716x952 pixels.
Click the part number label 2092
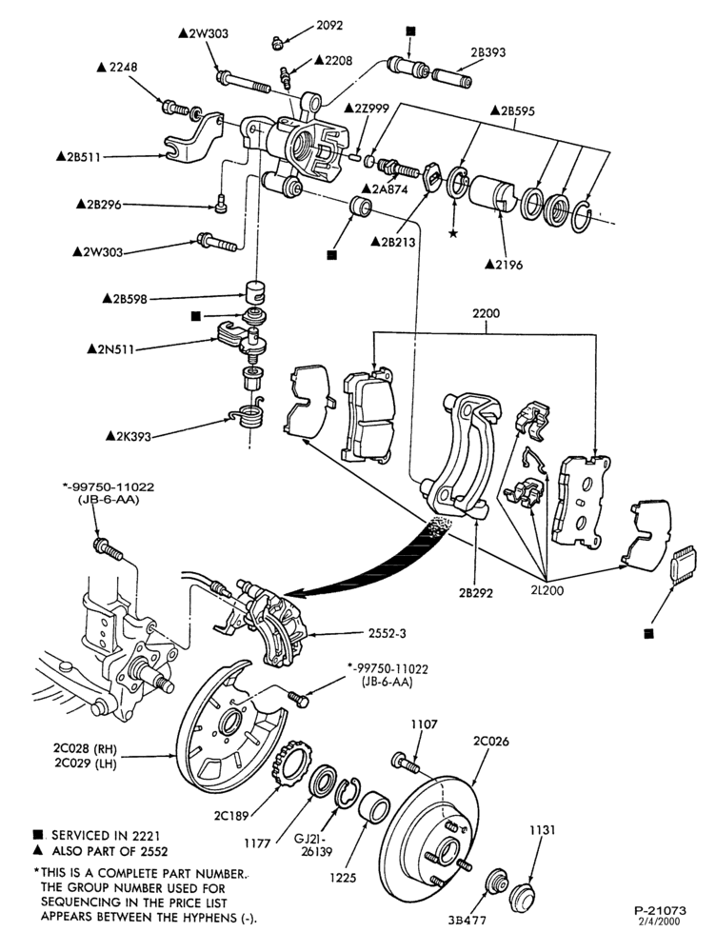[329, 26]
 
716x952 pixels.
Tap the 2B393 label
[487, 52]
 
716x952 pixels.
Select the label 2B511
[78, 157]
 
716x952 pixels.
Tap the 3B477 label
[467, 920]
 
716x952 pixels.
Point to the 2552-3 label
[387, 633]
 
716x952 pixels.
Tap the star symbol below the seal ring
[453, 233]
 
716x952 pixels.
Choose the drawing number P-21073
[660, 911]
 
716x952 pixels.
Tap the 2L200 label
[547, 589]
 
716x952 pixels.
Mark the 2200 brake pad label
[486, 313]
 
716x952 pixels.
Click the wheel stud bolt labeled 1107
[406, 762]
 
